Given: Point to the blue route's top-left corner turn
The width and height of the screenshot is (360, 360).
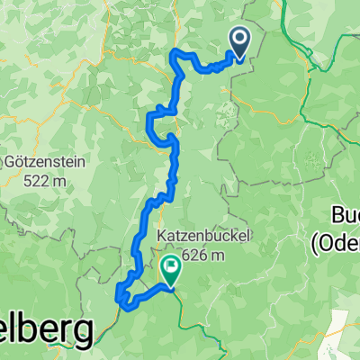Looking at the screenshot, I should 174,56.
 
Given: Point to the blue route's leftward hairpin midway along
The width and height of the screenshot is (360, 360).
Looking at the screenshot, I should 151,112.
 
